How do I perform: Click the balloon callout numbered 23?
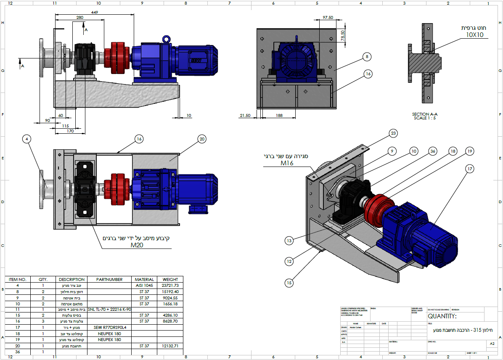pos(393,133)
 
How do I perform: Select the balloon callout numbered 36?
pos(432,151)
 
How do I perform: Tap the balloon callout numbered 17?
pos(470,169)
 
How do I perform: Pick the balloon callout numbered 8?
pos(367,56)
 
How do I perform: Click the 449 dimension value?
pos(95,13)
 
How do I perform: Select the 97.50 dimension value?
pos(328,18)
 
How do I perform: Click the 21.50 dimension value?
pos(245,115)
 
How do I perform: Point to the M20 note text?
pos(137,245)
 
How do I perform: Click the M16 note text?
pos(286,162)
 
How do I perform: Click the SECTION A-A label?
pos(426,114)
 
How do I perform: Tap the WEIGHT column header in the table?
pos(170,279)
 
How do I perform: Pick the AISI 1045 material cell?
pos(144,285)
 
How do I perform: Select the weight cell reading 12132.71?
pos(170,345)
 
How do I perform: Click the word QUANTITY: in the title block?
pos(442,316)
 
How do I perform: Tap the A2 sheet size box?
pos(492,344)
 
